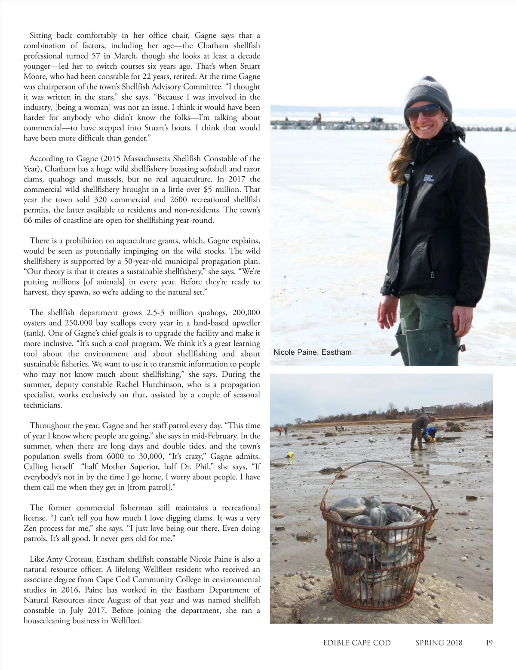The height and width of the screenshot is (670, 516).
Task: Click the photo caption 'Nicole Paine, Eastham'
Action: point(312,352)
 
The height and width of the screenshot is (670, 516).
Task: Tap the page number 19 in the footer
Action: point(489,643)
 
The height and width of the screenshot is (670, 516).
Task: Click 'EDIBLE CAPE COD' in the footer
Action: point(357,643)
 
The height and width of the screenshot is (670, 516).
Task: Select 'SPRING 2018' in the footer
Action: point(439,643)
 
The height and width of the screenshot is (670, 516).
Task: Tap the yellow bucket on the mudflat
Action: point(290,454)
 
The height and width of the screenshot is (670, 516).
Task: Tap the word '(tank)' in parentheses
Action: point(34,334)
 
